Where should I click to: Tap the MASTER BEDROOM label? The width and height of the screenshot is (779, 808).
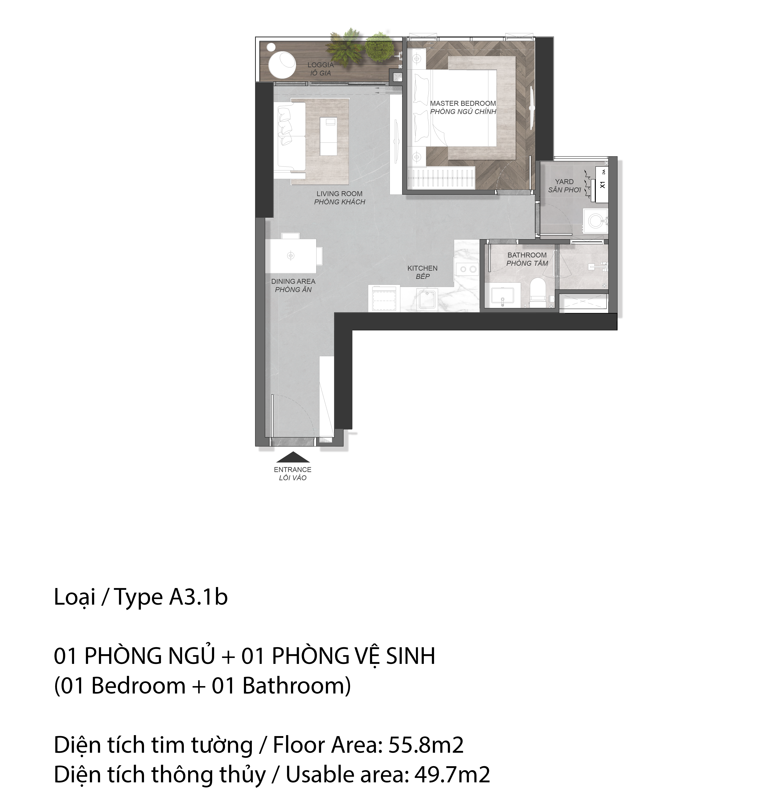[463, 103]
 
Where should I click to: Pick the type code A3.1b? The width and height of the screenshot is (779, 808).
[198, 597]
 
